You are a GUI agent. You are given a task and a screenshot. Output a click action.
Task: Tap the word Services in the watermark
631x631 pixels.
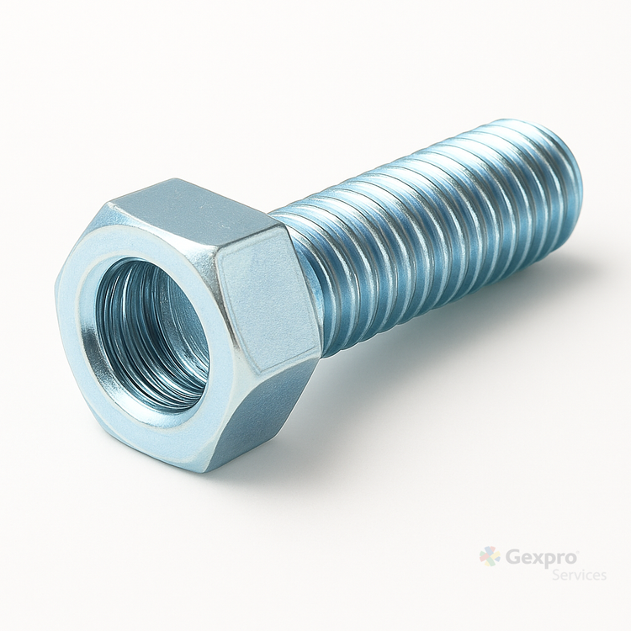579,575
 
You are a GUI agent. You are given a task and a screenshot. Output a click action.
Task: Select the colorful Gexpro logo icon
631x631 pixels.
490,557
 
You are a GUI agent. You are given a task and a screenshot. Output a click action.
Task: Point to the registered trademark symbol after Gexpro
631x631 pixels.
579,551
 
